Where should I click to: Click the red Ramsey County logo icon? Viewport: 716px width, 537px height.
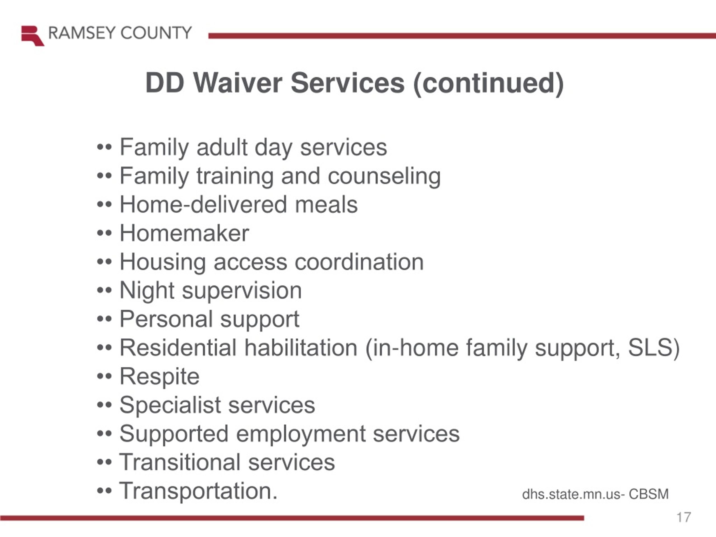point(33,36)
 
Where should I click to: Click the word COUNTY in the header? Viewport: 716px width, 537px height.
point(156,33)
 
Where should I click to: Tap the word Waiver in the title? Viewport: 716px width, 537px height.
point(238,83)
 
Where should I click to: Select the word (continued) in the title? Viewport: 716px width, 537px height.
point(488,84)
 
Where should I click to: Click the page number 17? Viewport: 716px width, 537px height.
point(684,517)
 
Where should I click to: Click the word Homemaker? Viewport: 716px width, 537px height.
point(184,233)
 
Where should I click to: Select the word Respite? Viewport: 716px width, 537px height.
point(160,377)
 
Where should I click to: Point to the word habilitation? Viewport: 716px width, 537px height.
point(301,348)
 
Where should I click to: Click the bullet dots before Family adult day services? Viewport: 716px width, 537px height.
point(104,148)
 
